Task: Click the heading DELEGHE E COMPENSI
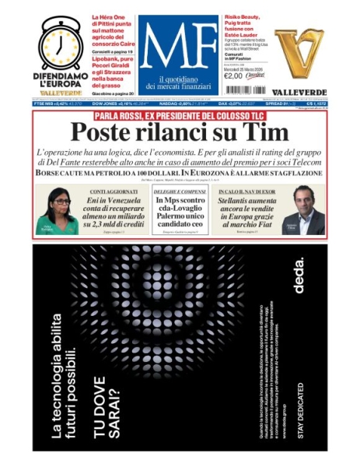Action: [180, 191]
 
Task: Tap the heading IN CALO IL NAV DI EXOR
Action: [246, 191]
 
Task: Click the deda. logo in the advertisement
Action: [299, 278]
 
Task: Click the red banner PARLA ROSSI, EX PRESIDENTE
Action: [180, 115]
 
